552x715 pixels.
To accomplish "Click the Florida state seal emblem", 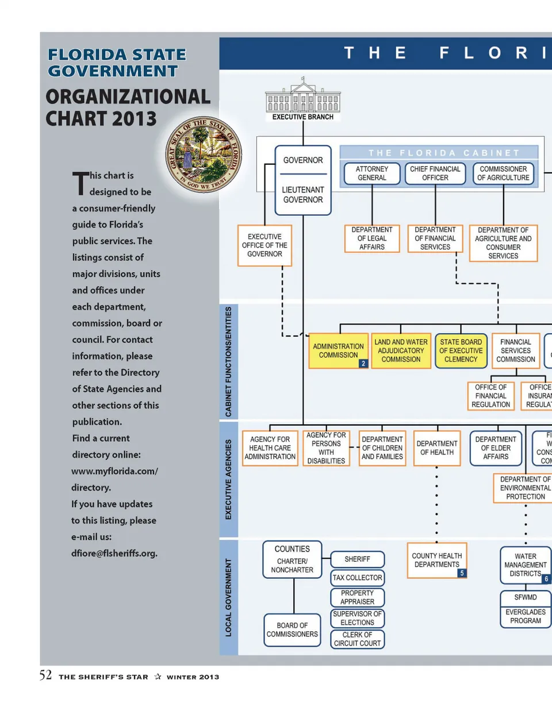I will coord(203,154).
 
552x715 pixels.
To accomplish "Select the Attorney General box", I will coord(372,173).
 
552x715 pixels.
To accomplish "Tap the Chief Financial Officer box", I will coord(435,173).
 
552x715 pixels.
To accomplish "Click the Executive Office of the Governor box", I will coord(264,245).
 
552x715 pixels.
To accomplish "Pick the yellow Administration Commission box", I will coord(338,350).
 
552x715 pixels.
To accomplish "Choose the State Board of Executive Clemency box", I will coord(461,350).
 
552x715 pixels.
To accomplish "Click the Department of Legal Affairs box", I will coord(372,238).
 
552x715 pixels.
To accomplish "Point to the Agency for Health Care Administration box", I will coord(270,448).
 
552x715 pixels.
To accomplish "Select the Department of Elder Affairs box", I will coord(496,448).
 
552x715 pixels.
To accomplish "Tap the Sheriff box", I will coord(357,559).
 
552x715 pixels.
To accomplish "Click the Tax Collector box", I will coord(357,578).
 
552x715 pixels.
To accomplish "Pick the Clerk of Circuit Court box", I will coord(357,639).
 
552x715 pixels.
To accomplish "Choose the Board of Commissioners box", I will coord(292,630).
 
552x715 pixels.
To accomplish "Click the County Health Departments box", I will coord(436,560).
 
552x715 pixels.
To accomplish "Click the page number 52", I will coord(45,675).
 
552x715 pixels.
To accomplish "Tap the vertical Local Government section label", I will coord(228,597).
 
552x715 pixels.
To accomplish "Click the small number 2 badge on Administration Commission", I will coord(363,364).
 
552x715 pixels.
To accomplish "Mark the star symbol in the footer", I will coord(158,677).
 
